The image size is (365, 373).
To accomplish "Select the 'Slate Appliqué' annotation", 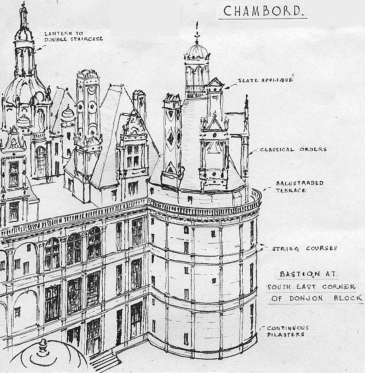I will point(265,80).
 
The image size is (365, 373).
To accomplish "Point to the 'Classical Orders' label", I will point(293,150).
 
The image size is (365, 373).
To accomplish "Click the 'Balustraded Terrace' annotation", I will point(300,186).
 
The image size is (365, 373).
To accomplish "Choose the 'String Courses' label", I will point(305,249).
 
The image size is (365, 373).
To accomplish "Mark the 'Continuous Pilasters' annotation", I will point(288,331).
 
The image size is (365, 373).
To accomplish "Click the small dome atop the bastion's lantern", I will point(197,52).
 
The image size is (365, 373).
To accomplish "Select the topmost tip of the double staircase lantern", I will point(24,5).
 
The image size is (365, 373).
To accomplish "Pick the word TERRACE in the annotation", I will point(291,190).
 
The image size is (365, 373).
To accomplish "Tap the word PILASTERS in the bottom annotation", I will point(285,335).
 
